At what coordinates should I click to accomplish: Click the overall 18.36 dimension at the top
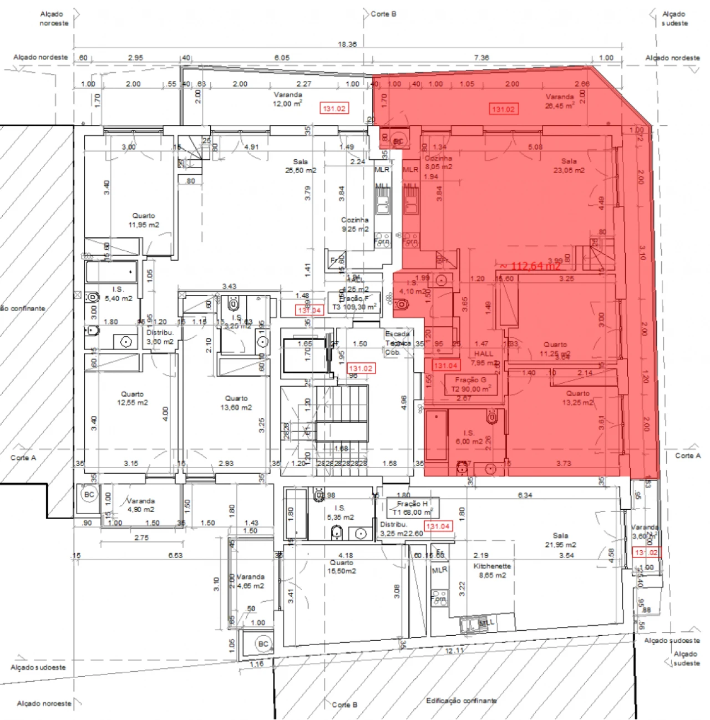347,44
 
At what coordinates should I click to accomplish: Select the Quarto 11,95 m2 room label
144,220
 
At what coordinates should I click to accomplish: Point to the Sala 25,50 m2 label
301,166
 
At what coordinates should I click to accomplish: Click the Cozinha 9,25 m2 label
355,224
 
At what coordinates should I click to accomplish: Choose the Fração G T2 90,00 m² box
471,384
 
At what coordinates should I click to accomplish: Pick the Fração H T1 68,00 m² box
412,508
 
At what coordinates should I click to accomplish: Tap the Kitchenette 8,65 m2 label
492,571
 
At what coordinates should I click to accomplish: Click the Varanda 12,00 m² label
287,99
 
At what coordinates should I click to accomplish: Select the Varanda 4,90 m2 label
141,505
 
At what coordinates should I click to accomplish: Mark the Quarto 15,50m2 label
342,566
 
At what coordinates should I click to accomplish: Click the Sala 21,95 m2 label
560,540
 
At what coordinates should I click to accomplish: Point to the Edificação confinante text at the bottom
461,701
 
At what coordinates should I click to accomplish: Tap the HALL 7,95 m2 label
484,358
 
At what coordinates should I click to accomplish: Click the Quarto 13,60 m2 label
236,403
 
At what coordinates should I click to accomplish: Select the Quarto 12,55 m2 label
133,398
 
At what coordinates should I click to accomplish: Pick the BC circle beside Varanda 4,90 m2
89,494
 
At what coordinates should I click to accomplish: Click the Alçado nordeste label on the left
40,57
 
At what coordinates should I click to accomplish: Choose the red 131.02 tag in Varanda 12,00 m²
334,109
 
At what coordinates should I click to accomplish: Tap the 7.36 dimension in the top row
481,58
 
